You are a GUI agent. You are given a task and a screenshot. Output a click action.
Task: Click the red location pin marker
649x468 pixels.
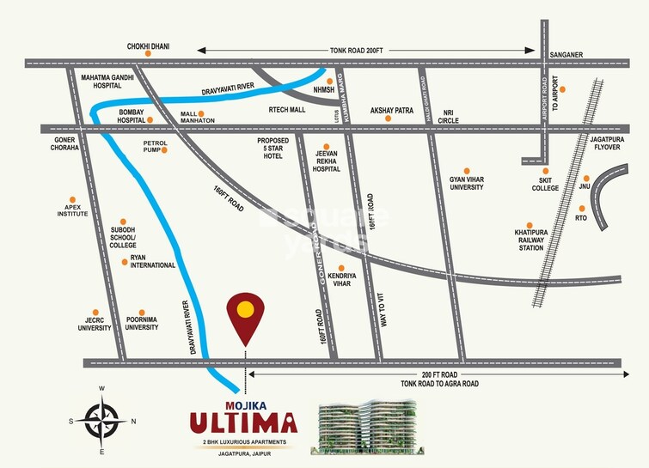pyautogui.click(x=245, y=313)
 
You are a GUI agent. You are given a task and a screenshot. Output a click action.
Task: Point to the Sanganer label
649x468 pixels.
pyautogui.click(x=566, y=55)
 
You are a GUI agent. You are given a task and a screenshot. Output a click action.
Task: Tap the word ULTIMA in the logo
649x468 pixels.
pyautogui.click(x=244, y=422)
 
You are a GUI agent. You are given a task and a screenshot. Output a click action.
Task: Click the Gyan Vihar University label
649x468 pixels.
pyautogui.click(x=467, y=185)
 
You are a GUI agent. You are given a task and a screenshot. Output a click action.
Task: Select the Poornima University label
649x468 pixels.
pyautogui.click(x=142, y=321)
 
